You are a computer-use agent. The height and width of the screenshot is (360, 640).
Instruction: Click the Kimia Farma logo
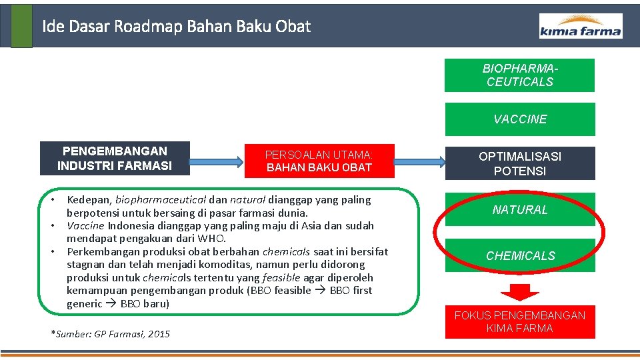click(x=581, y=26)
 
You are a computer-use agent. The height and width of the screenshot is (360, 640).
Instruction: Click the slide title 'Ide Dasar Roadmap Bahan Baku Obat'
click(x=176, y=27)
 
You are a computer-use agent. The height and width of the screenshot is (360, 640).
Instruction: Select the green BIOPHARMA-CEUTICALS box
click(x=519, y=75)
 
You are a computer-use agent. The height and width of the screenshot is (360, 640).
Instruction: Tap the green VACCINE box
click(x=519, y=119)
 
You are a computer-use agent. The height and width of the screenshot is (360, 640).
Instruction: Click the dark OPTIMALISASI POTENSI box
click(x=519, y=163)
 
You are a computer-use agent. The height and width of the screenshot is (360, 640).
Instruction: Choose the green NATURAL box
click(x=519, y=209)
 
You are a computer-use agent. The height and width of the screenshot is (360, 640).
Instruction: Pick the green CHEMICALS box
click(x=519, y=255)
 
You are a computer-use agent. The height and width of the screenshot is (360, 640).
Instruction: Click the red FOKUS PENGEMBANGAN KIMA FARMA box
click(x=519, y=321)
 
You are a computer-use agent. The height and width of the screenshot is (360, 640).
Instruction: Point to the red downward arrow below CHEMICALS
click(x=519, y=291)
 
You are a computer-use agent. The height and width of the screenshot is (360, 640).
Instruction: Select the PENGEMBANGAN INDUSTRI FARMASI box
click(x=115, y=158)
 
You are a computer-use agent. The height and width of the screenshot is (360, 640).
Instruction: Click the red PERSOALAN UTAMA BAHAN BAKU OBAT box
click(x=319, y=161)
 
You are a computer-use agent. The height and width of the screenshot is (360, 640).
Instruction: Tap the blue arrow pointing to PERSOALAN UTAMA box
click(x=217, y=161)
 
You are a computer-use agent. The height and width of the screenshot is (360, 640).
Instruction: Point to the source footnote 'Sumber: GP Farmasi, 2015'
click(x=111, y=334)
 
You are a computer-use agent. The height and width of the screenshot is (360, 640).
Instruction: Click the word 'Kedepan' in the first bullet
click(x=89, y=199)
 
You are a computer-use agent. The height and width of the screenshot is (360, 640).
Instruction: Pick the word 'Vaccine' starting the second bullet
click(x=85, y=225)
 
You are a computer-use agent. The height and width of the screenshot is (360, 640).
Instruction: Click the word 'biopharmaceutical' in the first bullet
click(x=161, y=199)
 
